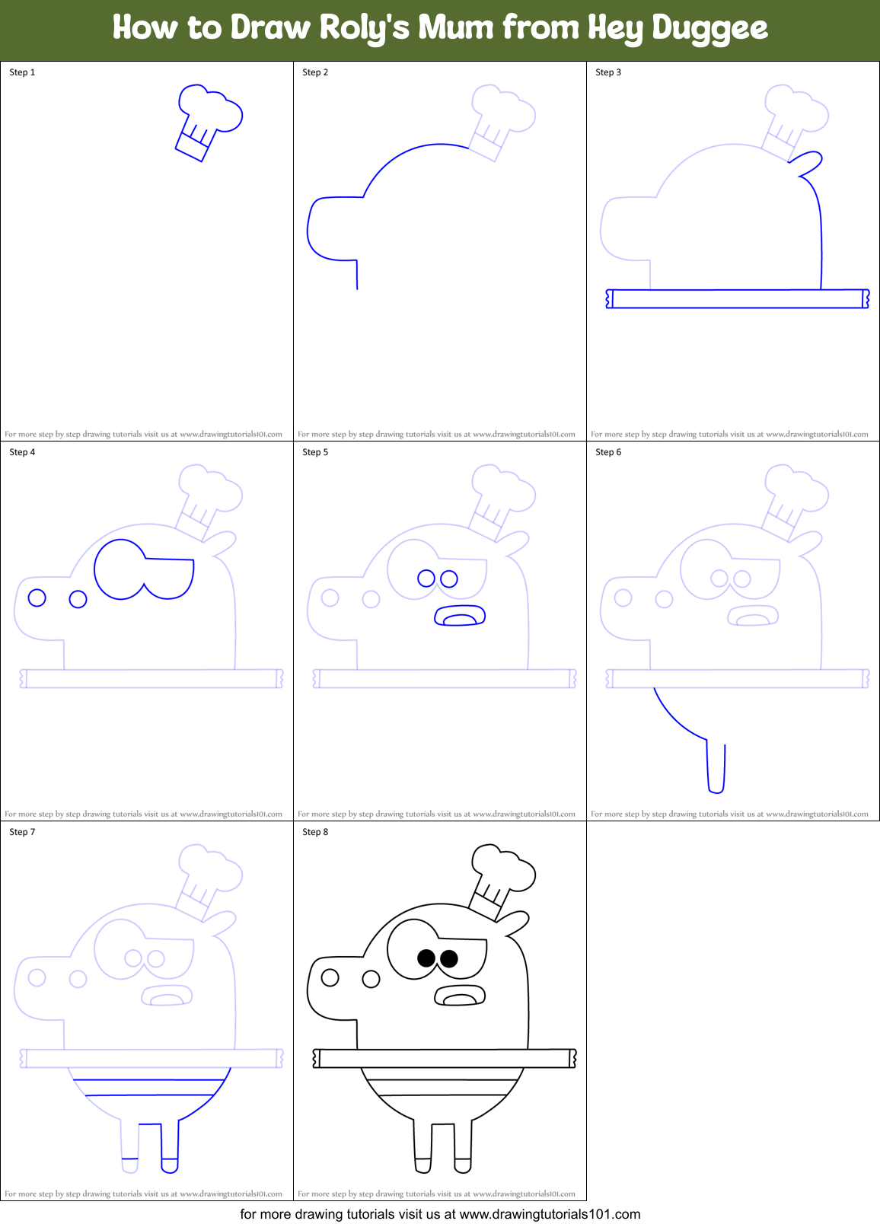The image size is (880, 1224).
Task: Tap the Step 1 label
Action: click(x=22, y=72)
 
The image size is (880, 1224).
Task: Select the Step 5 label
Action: click(x=315, y=452)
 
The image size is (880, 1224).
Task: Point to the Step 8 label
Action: click(x=315, y=832)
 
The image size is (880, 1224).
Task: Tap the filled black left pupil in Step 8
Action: click(x=426, y=958)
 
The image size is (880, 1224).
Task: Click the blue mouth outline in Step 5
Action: click(x=460, y=616)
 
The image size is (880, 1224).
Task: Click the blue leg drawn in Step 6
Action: click(x=716, y=769)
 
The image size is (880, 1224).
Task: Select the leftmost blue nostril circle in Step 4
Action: click(x=37, y=598)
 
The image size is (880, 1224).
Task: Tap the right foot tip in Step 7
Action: click(x=169, y=1165)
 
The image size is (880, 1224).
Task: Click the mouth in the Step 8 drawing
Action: click(x=460, y=996)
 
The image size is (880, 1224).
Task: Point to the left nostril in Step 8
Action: click(x=330, y=977)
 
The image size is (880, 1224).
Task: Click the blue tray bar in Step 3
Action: click(x=737, y=298)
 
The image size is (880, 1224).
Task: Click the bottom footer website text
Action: click(x=440, y=1214)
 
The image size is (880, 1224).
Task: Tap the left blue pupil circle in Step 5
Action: click(x=426, y=579)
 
